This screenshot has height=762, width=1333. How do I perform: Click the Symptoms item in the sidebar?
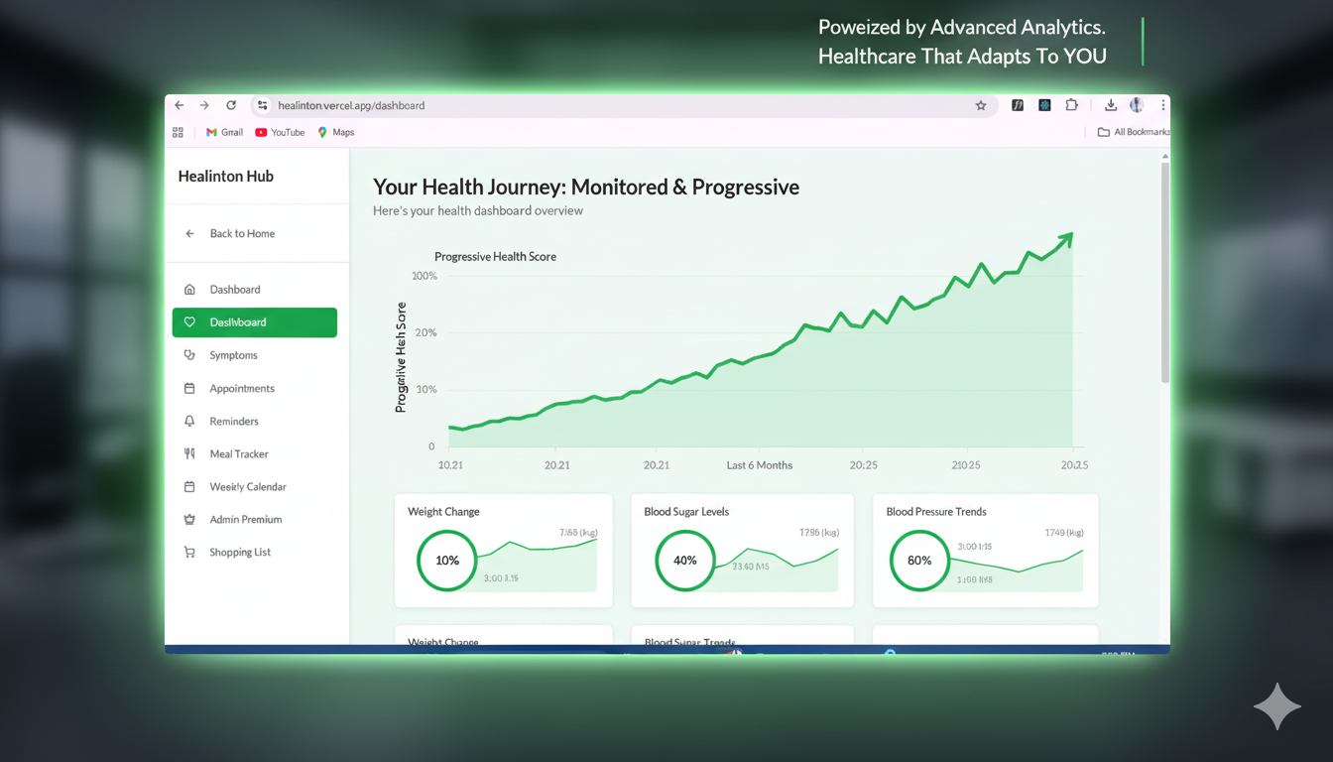pyautogui.click(x=233, y=355)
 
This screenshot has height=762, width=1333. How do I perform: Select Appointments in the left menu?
pyautogui.click(x=241, y=388)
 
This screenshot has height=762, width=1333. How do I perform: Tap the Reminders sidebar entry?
pyautogui.click(x=233, y=421)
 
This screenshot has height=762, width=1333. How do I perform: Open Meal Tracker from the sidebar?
pyautogui.click(x=238, y=453)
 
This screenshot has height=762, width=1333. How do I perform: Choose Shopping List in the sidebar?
pyautogui.click(x=239, y=552)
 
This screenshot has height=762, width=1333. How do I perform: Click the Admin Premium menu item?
pyautogui.click(x=245, y=519)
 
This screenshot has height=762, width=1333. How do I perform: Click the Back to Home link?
pyautogui.click(x=241, y=233)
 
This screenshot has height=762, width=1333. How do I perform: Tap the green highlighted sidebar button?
pyautogui.click(x=254, y=322)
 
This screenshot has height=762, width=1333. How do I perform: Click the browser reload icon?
pyautogui.click(x=231, y=105)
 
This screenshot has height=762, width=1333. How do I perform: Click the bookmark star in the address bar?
pyautogui.click(x=981, y=105)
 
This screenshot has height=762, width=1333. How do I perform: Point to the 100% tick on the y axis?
pyautogui.click(x=424, y=276)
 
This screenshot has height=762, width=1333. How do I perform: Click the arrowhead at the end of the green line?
pyautogui.click(x=1066, y=238)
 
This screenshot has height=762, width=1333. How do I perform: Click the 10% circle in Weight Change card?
pyautogui.click(x=447, y=561)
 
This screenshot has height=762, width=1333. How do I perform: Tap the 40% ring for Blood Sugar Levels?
pyautogui.click(x=685, y=561)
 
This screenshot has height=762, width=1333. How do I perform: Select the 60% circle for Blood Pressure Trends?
pyautogui.click(x=919, y=561)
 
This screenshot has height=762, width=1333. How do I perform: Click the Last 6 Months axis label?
pyautogui.click(x=759, y=464)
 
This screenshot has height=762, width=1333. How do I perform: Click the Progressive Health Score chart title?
pyautogui.click(x=495, y=256)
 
